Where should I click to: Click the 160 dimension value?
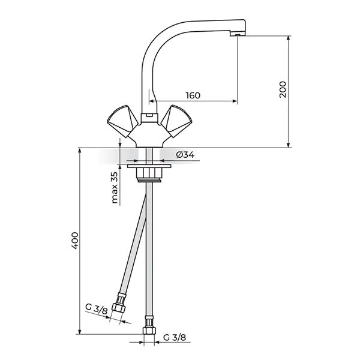(193, 95)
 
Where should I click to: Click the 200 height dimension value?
(283, 89)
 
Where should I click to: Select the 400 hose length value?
(75, 241)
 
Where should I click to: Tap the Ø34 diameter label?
(185, 155)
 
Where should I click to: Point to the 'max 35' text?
(115, 188)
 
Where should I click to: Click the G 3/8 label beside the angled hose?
(96, 309)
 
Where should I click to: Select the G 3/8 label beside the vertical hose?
(175, 337)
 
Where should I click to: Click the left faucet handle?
(122, 121)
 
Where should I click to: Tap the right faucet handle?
(176, 121)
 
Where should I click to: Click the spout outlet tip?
(238, 34)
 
